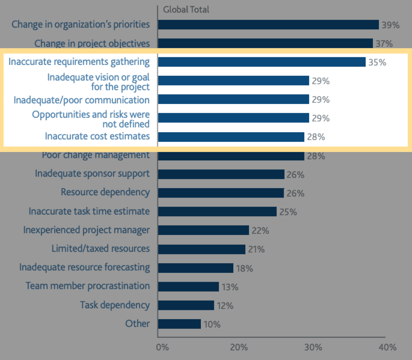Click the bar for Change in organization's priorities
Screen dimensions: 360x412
coord(268,25)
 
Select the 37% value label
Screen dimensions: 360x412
coord(384,44)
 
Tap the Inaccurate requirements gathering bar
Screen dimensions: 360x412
coord(262,62)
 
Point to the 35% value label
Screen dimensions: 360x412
coord(377,63)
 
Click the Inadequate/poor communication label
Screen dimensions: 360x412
coord(81,100)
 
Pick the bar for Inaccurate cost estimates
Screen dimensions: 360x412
coord(231,137)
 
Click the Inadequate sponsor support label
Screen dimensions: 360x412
coord(92,174)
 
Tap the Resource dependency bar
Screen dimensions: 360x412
coord(221,193)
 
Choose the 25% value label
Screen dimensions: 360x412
coord(288,212)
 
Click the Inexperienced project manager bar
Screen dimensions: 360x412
coord(203,230)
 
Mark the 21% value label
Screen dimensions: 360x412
coord(256,249)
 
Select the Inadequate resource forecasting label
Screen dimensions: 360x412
coord(85,267)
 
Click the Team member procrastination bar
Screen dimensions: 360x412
coord(188,287)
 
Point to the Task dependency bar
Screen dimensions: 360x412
coord(186,305)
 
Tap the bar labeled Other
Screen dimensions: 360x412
coord(179,324)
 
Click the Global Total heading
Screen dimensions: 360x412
coord(186,10)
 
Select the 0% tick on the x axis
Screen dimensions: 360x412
coord(162,348)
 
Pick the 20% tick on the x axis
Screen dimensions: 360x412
coord(239,348)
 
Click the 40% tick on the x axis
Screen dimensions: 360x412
coord(387,348)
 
